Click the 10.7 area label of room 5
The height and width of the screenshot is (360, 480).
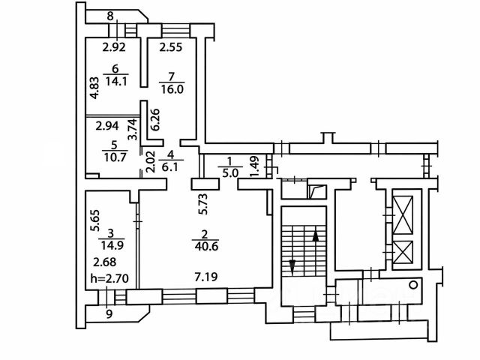click(x=110, y=158)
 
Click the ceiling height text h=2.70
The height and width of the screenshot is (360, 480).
click(x=108, y=279)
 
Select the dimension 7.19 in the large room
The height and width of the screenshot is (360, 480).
click(x=206, y=278)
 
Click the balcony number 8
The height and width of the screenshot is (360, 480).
click(x=110, y=16)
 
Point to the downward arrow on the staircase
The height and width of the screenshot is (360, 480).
click(x=291, y=265)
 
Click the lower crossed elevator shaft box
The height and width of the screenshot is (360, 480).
click(x=403, y=252)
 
